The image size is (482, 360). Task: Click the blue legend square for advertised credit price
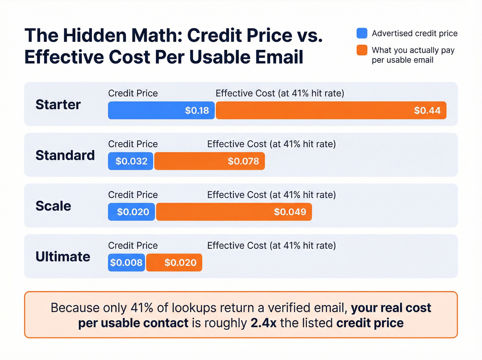pyautogui.click(x=362, y=33)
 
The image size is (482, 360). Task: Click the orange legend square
pyautogui.click(x=362, y=50)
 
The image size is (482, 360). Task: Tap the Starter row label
pyautogui.click(x=58, y=104)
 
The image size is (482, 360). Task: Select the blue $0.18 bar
pyautogui.click(x=161, y=110)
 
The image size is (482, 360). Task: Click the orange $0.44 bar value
pyautogui.click(x=427, y=110)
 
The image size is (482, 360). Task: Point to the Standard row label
pyautogui.click(x=65, y=155)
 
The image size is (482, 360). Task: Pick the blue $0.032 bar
pyautogui.click(x=131, y=161)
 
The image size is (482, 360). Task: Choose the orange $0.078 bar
pyautogui.click(x=209, y=161)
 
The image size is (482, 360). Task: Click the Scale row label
pyautogui.click(x=53, y=206)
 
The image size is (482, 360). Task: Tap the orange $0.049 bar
pyautogui.click(x=234, y=212)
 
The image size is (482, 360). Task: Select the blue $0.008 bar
pyautogui.click(x=126, y=263)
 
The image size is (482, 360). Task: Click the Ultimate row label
pyautogui.click(x=63, y=257)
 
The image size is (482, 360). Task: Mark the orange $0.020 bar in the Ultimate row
pyautogui.click(x=174, y=263)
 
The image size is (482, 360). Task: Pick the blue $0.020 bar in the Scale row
pyautogui.click(x=132, y=212)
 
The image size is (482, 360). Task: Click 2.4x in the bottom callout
pyautogui.click(x=263, y=323)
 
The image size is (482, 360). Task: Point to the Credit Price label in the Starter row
pyautogui.click(x=133, y=93)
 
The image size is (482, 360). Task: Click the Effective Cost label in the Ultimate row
pyautogui.click(x=271, y=246)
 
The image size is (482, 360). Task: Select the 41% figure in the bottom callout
pyautogui.click(x=142, y=308)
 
